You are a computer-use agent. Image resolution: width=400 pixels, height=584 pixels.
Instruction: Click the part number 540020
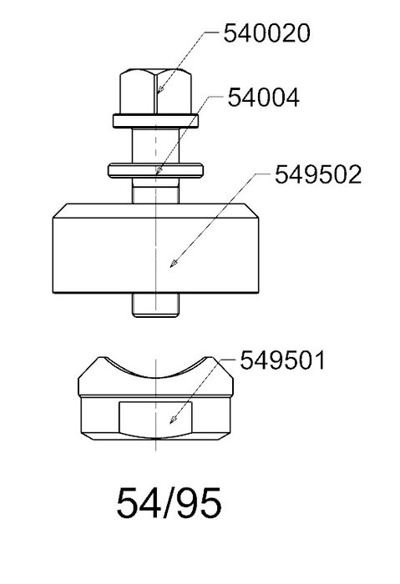(266, 33)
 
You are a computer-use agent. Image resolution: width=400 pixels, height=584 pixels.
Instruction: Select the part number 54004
(264, 98)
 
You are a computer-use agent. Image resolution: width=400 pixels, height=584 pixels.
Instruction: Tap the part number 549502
(318, 174)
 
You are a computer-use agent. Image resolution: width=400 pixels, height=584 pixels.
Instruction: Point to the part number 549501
(282, 360)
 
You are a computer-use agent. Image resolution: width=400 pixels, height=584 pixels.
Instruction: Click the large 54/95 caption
(169, 503)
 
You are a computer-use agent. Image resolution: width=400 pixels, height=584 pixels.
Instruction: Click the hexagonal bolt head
(156, 91)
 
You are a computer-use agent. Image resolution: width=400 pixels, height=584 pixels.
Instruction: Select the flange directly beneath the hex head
(155, 121)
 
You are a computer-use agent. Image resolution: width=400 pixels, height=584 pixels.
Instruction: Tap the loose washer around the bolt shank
(155, 170)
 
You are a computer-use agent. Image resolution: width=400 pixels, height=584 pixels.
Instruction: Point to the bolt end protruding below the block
(155, 305)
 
